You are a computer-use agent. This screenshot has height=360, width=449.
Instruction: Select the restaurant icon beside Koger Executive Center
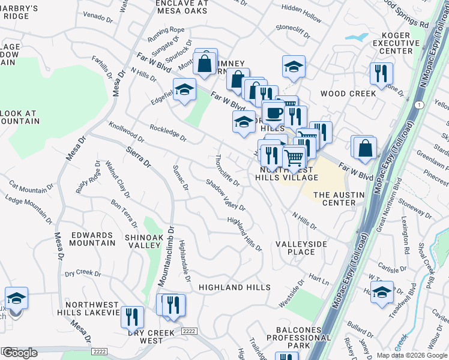click(x=382, y=74)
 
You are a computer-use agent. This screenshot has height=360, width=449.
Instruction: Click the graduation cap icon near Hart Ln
click(x=382, y=292)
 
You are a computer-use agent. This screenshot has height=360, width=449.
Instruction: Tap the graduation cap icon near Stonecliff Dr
click(x=294, y=67)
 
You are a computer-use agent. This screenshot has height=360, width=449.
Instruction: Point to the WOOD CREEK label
click(x=348, y=94)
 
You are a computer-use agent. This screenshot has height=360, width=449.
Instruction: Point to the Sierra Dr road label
click(x=139, y=155)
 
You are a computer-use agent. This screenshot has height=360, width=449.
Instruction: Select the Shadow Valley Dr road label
click(x=225, y=195)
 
